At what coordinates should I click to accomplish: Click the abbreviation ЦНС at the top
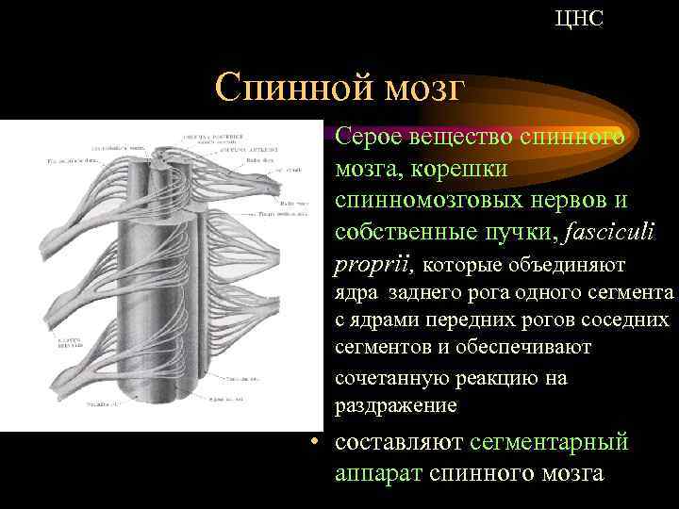(580, 18)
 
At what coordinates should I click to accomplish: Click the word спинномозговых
(435, 201)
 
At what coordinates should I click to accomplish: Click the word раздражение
(396, 405)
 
